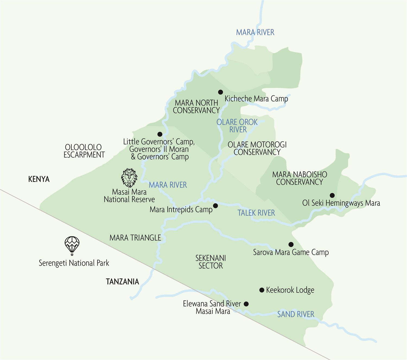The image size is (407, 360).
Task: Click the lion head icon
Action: pos(129,178)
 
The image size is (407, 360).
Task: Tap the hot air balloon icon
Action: pos(72,245)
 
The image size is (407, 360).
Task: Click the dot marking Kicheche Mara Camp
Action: pos(221,92)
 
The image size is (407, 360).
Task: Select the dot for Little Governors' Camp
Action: pos(160,134)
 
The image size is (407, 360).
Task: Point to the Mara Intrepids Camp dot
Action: pos(215,206)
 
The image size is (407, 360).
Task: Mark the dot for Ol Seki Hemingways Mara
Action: pos(332,195)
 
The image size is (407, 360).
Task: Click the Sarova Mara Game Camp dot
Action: pos(291,244)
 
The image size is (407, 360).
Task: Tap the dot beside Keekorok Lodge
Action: pos(262,290)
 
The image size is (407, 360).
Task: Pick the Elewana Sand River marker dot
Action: pos(246,304)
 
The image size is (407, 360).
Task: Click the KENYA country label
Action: pos(39,179)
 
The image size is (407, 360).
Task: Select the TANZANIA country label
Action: pos(122,282)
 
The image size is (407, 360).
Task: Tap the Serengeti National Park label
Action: pos(74,263)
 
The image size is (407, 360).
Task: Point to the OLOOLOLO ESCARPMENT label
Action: pos(84,151)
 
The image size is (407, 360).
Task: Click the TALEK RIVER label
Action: pos(256,213)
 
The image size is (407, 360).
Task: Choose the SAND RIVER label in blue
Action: pos(295,314)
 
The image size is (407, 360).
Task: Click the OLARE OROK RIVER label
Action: pos(237,126)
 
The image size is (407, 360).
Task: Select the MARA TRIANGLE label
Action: pos(135,238)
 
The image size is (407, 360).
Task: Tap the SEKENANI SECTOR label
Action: pos(211,262)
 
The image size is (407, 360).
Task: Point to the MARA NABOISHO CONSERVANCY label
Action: pos(300,178)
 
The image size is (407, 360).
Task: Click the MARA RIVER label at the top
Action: pos(255,32)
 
